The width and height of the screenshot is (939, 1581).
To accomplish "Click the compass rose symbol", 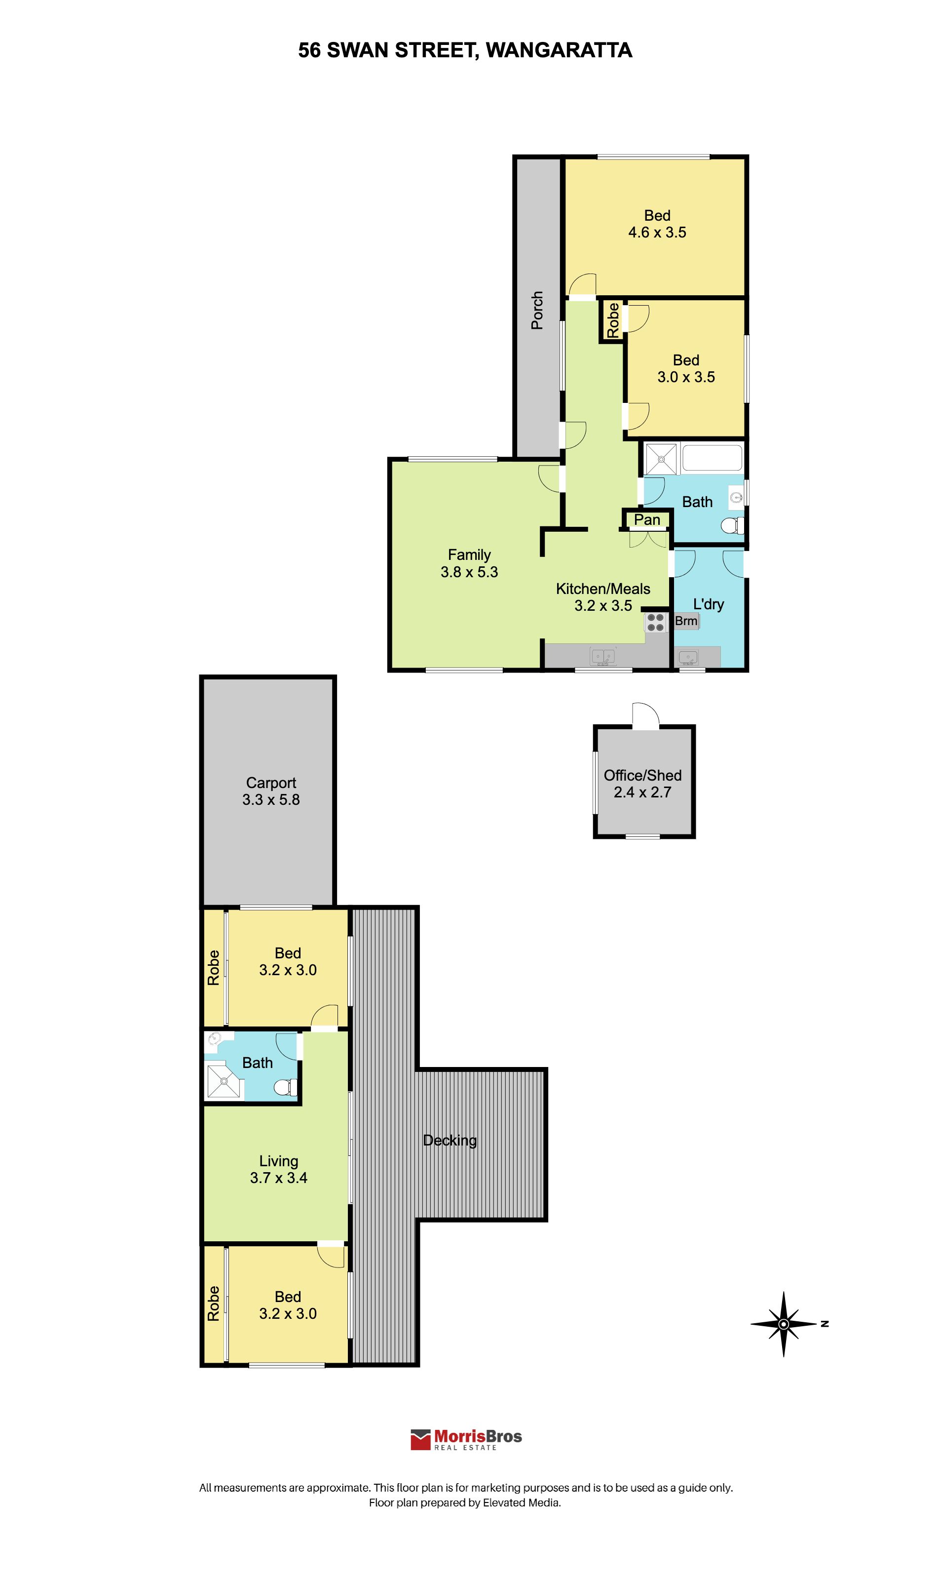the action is click(x=784, y=1324).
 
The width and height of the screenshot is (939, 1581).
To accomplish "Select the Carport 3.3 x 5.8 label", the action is click(x=271, y=791).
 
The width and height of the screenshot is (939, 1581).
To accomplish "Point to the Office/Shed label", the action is click(x=642, y=775).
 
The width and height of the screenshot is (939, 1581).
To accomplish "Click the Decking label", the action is click(x=450, y=1140).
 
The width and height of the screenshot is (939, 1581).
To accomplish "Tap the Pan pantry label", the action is click(x=647, y=520).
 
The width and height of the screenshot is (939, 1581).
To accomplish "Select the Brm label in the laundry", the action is click(x=686, y=621).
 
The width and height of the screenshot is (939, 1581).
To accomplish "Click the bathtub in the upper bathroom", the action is click(x=712, y=458).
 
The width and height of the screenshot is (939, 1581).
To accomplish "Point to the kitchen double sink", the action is click(x=603, y=657).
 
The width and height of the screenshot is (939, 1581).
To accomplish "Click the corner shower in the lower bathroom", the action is click(x=224, y=1083).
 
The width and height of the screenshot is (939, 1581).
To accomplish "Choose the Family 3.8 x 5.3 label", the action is click(x=470, y=563).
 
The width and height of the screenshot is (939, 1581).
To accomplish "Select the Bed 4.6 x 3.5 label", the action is click(x=657, y=224).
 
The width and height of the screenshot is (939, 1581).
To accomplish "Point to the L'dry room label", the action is click(x=708, y=604).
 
